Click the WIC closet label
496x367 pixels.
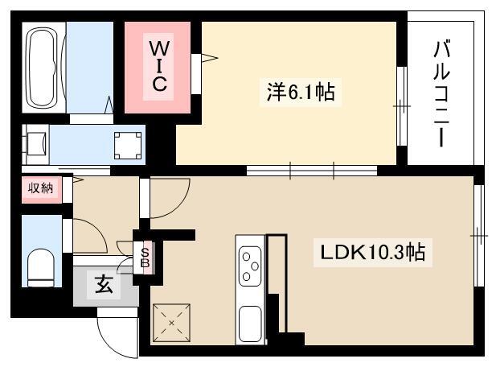[x=158, y=66]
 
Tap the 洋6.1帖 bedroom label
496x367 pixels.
[x=301, y=92]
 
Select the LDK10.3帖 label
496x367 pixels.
[x=373, y=253]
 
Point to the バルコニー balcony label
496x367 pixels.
[x=441, y=93]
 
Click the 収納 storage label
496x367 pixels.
[x=40, y=188]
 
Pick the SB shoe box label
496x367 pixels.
[x=145, y=258]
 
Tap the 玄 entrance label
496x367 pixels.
[x=104, y=284]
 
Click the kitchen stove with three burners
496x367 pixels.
[x=250, y=266]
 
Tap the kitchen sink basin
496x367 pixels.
[x=250, y=324]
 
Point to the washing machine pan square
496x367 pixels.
[x=128, y=145]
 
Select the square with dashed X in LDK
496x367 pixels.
[x=171, y=323]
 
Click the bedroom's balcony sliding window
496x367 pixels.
[x=402, y=106]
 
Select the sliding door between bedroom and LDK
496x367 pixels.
[x=312, y=171]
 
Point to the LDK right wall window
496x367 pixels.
[x=480, y=236]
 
